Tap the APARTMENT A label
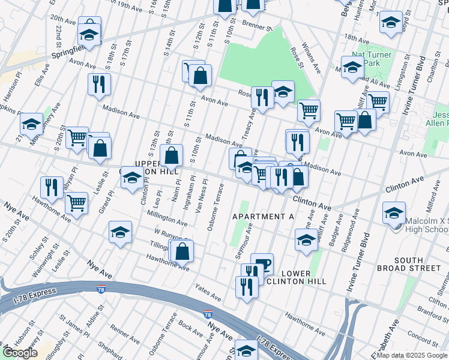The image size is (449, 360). [x=260, y=216]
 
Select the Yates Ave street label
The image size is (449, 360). [x=208, y=292]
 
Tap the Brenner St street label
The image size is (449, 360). [x=258, y=25]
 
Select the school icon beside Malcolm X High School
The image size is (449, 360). [x=394, y=214]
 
